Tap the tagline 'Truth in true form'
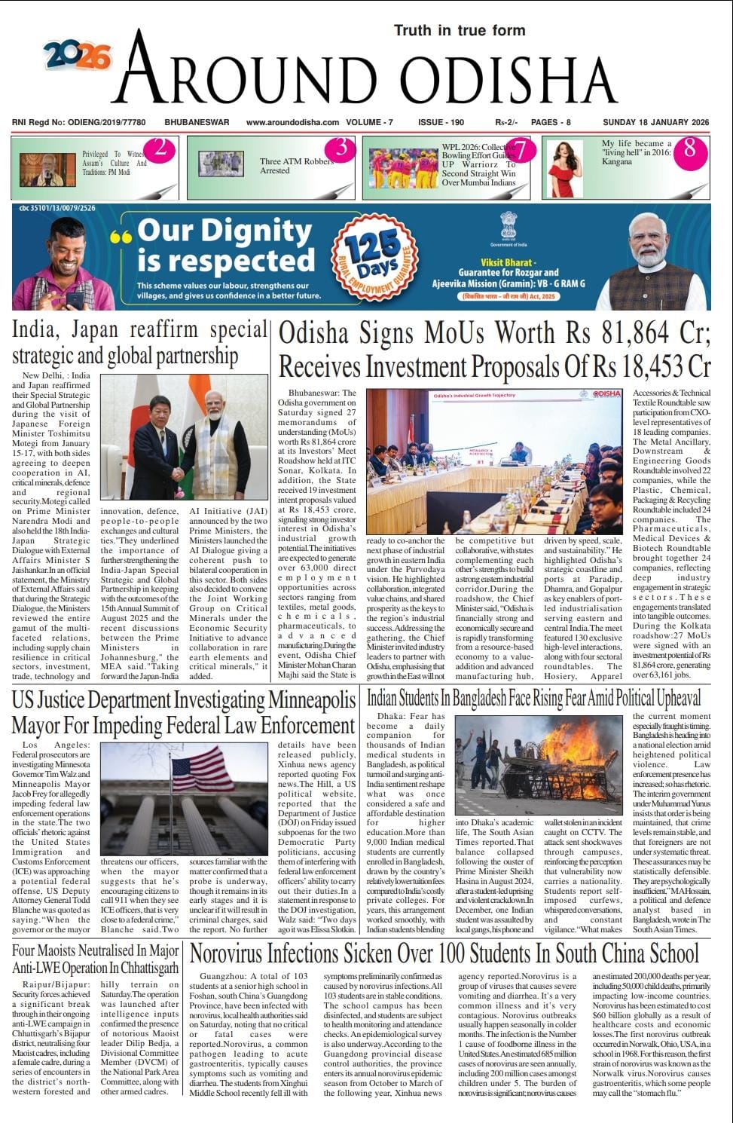tap(460, 30)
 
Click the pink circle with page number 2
tap(160, 148)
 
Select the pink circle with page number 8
tap(689, 149)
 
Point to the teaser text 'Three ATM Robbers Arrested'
tap(296, 166)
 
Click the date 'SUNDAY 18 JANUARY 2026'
tap(656, 122)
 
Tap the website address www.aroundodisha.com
tap(293, 122)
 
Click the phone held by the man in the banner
tap(75, 299)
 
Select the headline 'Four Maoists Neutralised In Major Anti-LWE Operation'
tap(96, 959)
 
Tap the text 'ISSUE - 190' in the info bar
tap(441, 122)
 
